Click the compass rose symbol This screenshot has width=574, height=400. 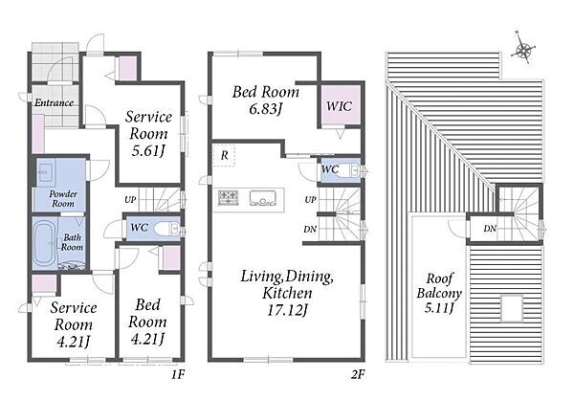(x=523, y=49)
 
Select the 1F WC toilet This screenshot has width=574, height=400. (x=166, y=230)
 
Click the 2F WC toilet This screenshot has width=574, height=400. (x=354, y=170)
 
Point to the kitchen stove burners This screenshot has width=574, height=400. (x=229, y=197)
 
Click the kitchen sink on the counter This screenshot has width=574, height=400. (x=263, y=197)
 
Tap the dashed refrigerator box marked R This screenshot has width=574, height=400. (x=224, y=155)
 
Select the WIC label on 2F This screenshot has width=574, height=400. (x=339, y=106)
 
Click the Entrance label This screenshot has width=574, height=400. (x=54, y=102)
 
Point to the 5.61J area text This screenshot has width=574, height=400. (x=147, y=150)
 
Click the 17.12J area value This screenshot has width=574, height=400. (x=287, y=310)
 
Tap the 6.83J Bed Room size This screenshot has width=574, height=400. (x=265, y=109)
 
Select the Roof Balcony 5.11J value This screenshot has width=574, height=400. (x=439, y=307)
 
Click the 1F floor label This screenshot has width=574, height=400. (x=178, y=374)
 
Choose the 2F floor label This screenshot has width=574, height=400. (x=357, y=374)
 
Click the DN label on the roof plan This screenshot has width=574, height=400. (x=490, y=229)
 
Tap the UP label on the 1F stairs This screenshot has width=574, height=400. (x=130, y=200)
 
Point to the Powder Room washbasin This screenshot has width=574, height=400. (x=47, y=171)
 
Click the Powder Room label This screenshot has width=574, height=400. (x=63, y=198)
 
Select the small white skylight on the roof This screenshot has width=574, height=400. (x=512, y=308)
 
